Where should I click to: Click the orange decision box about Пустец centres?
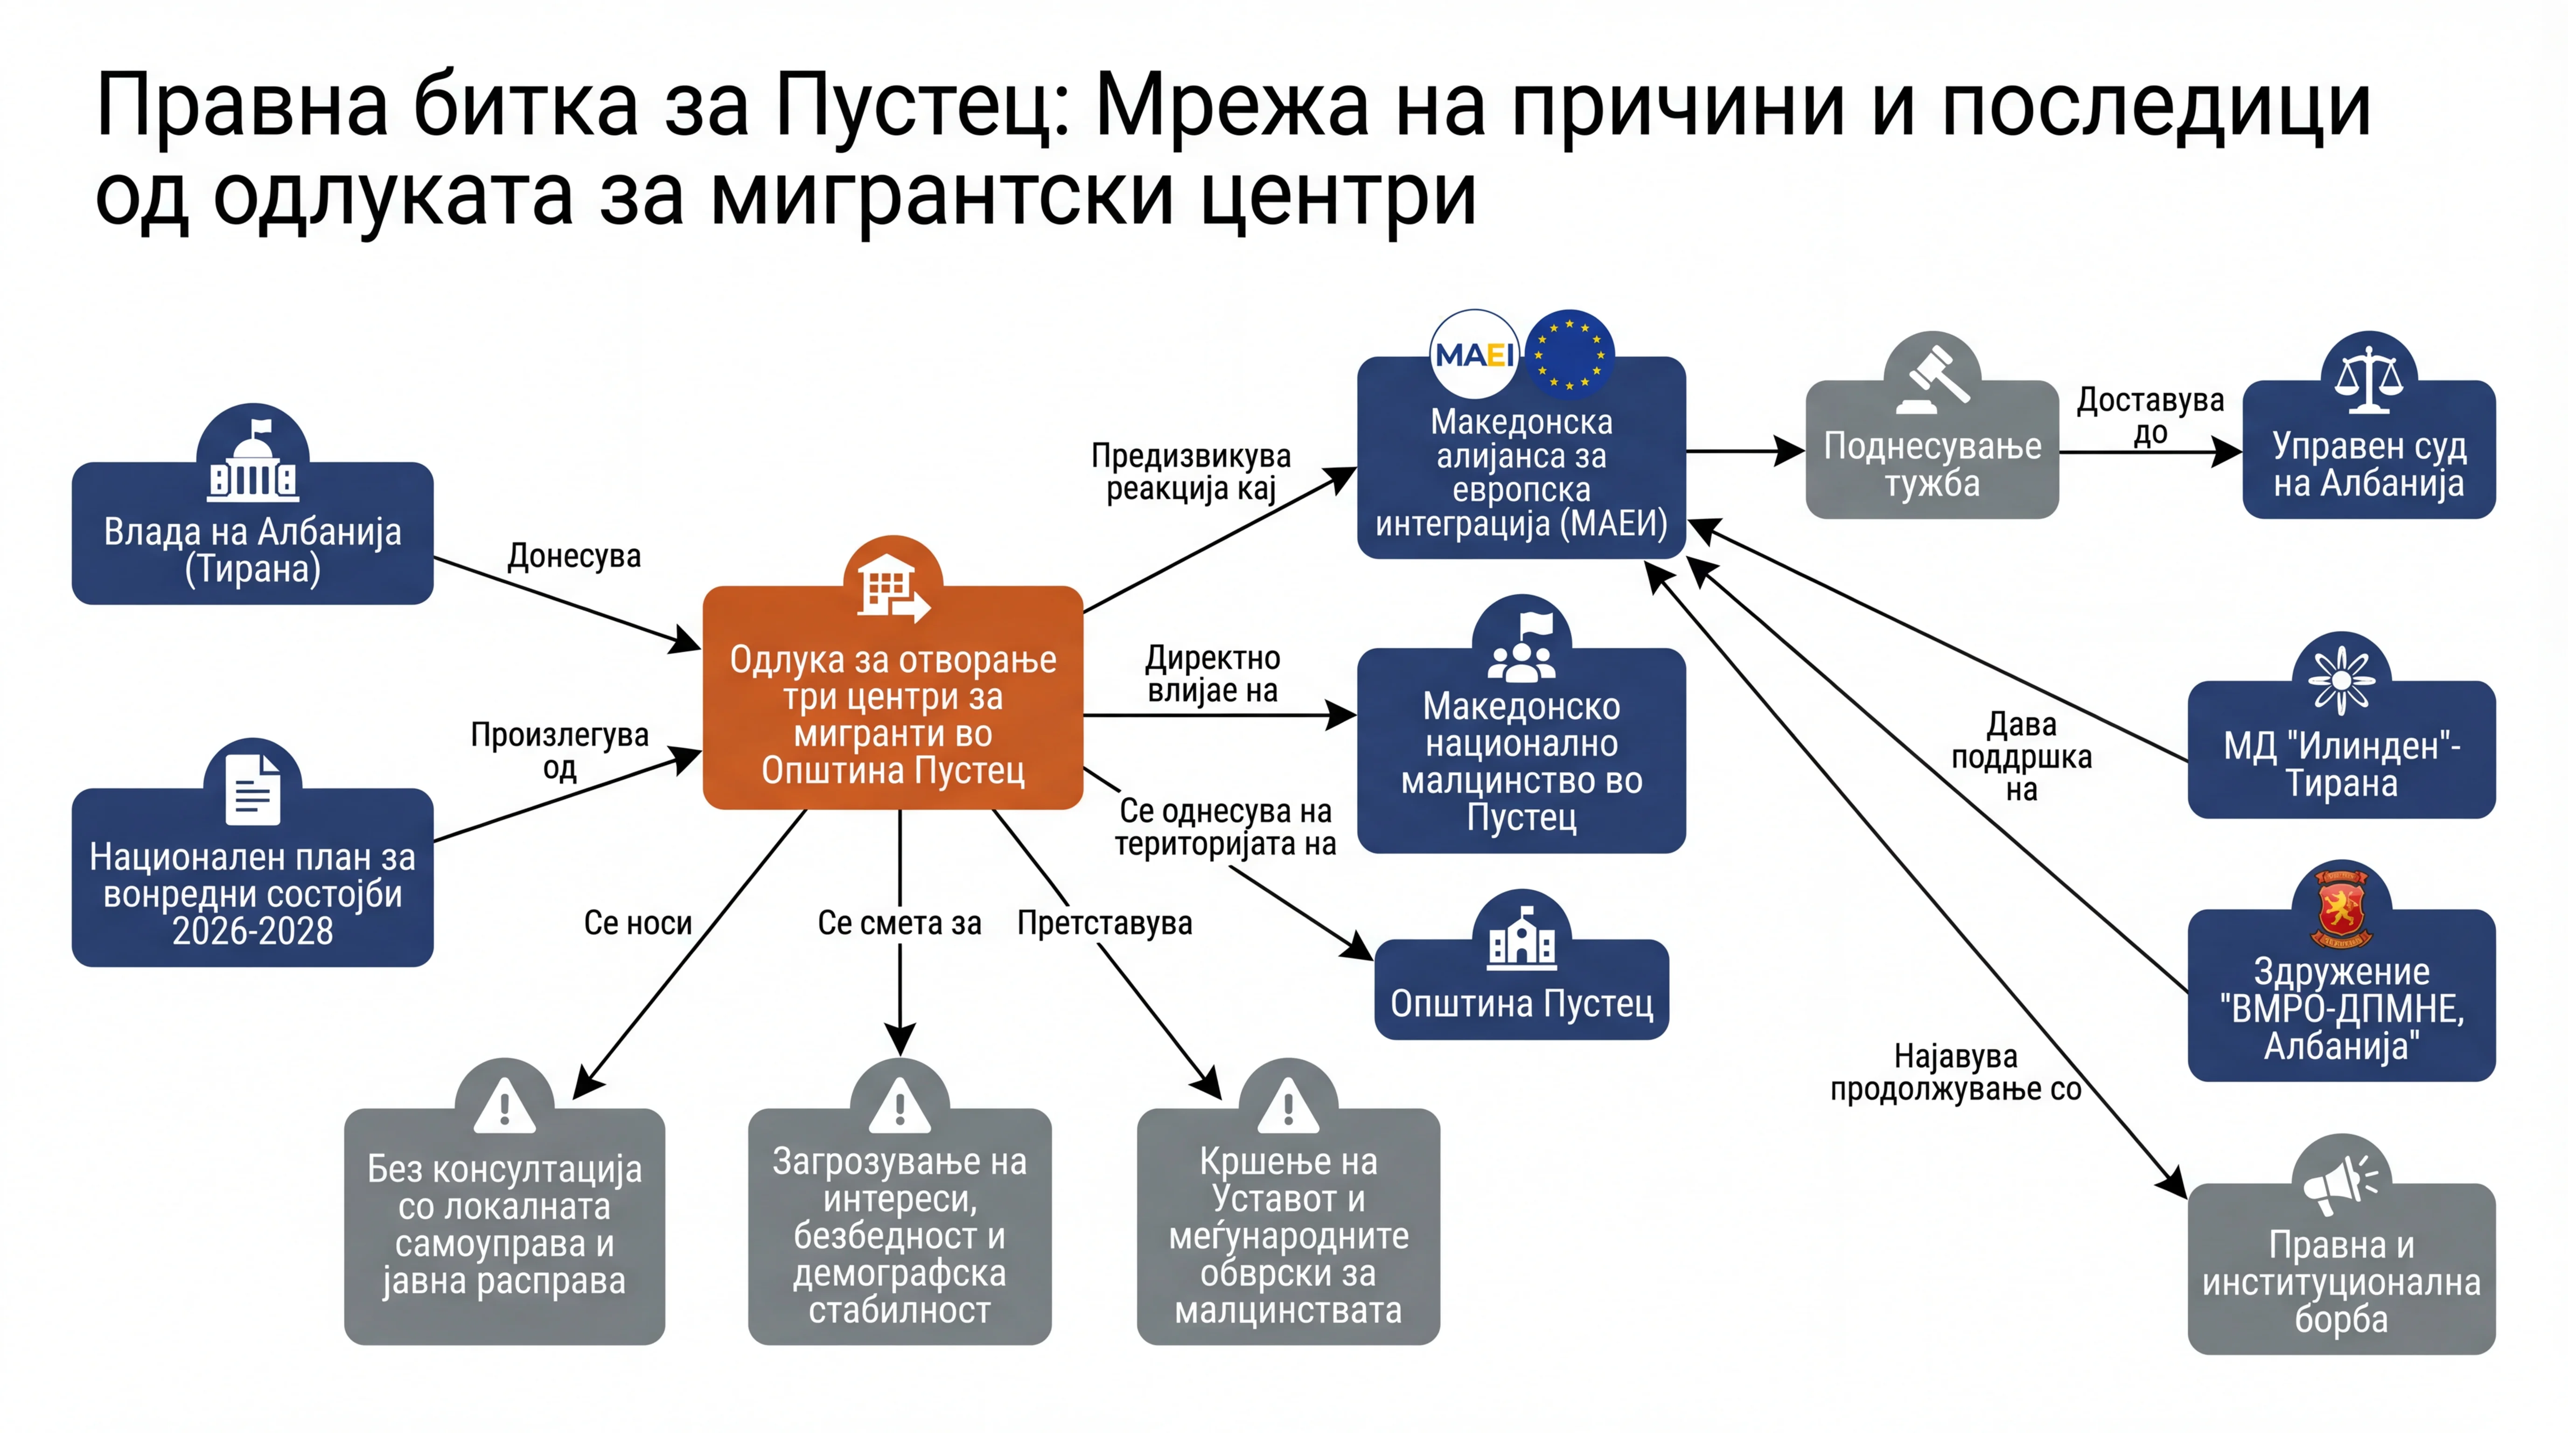pyautogui.click(x=892, y=697)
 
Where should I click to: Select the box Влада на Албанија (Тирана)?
pyautogui.click(x=252, y=533)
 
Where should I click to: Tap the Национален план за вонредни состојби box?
pyautogui.click(x=252, y=877)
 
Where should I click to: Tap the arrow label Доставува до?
pyautogui.click(x=2150, y=416)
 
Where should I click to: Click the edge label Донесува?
pyautogui.click(x=574, y=556)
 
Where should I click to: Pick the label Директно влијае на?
pyautogui.click(x=1212, y=674)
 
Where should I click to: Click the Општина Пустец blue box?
pyautogui.click(x=1521, y=989)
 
